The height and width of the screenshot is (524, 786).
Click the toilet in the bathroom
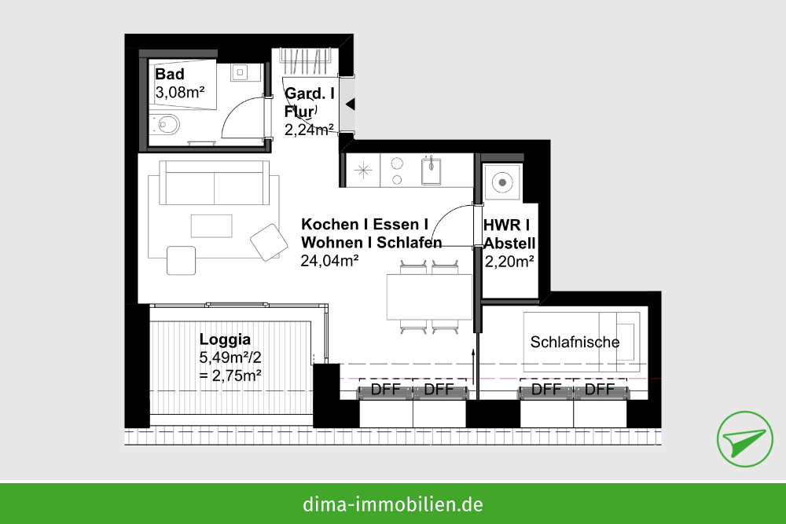pyautogui.click(x=165, y=124)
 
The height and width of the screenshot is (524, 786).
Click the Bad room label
pyautogui.click(x=170, y=74)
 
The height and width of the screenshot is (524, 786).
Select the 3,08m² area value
pyautogui.click(x=179, y=92)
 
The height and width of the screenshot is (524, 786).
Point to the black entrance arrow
pyautogui.click(x=351, y=104)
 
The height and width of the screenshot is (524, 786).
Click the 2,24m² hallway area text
pyautogui.click(x=309, y=130)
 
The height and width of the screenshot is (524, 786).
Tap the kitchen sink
pyautogui.click(x=431, y=170)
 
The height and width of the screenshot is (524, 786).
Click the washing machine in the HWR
pyautogui.click(x=502, y=183)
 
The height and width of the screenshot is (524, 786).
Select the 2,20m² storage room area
pyautogui.click(x=509, y=262)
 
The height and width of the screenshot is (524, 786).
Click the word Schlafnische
pyautogui.click(x=575, y=343)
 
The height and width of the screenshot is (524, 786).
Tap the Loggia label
pyautogui.click(x=225, y=339)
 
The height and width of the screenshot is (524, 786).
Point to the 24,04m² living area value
pyautogui.click(x=329, y=261)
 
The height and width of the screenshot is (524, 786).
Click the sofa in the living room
pyautogui.click(x=214, y=183)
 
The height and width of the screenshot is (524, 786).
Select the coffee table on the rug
pyautogui.click(x=211, y=226)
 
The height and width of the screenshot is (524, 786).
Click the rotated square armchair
pyautogui.click(x=269, y=243)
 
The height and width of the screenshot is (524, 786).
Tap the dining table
pyautogui.click(x=429, y=296)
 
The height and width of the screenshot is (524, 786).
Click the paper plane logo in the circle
pyautogui.click(x=745, y=439)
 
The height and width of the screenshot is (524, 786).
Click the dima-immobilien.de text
pyautogui.click(x=392, y=504)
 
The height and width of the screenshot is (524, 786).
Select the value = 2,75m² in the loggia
pyautogui.click(x=230, y=376)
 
